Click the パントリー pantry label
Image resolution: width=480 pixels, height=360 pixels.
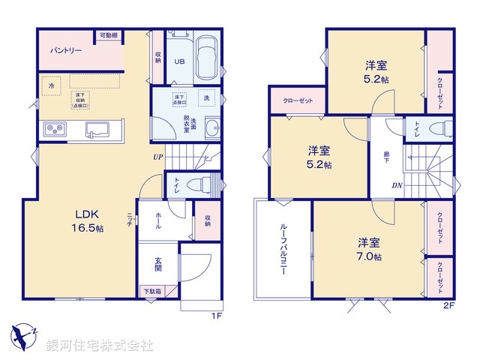(x=66, y=52)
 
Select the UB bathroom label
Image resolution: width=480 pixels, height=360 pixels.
(x=180, y=62)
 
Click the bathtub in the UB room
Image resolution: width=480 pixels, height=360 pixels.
(x=206, y=58)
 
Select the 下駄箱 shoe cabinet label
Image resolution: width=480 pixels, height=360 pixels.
(x=151, y=290)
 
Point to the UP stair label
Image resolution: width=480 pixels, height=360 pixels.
(x=157, y=157)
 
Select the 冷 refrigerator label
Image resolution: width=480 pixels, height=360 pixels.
(x=52, y=86)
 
